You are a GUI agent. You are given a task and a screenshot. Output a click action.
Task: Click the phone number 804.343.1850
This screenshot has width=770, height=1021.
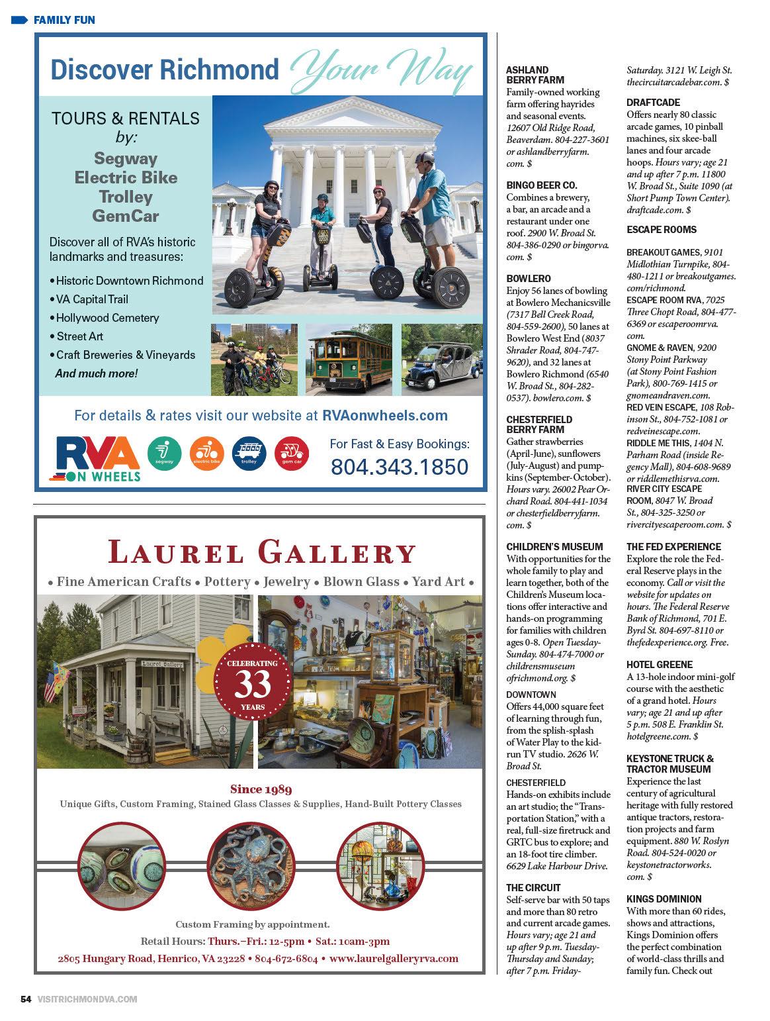tap(399, 466)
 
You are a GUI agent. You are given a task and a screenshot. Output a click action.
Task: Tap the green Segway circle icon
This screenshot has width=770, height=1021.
tap(164, 454)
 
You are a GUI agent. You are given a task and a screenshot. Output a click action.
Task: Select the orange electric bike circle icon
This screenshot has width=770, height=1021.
tap(206, 454)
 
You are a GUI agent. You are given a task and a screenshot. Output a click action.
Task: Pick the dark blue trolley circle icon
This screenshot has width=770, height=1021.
tap(249, 454)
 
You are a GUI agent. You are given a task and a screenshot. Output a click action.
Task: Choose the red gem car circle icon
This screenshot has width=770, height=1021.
tap(292, 454)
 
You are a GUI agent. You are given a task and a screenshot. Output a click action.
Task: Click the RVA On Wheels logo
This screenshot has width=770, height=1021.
tap(97, 458)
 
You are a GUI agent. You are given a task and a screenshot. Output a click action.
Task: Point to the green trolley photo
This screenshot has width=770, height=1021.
tap(349, 360)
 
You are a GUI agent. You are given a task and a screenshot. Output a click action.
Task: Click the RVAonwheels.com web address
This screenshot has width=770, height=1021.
tap(385, 415)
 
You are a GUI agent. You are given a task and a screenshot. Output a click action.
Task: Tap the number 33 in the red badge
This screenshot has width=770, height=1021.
tap(253, 685)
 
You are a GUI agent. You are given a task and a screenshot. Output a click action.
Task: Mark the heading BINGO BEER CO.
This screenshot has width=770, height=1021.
tap(541, 185)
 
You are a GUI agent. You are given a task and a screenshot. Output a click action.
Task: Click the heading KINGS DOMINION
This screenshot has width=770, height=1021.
tap(663, 899)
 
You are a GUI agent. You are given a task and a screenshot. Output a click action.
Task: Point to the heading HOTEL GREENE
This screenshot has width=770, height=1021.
tap(660, 664)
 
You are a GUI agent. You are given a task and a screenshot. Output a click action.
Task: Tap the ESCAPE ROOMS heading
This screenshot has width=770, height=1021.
tap(662, 230)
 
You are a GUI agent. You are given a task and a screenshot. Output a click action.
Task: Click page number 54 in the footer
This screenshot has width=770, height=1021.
tap(26, 999)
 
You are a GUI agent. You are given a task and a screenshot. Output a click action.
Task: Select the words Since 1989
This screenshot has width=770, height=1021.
tap(261, 789)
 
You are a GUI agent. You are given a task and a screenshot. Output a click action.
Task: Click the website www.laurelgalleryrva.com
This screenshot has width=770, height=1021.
tap(394, 958)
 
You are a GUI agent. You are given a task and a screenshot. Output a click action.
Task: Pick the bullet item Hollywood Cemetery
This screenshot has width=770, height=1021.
tap(107, 318)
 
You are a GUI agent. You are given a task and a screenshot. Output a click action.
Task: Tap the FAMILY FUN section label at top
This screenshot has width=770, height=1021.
tap(64, 20)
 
